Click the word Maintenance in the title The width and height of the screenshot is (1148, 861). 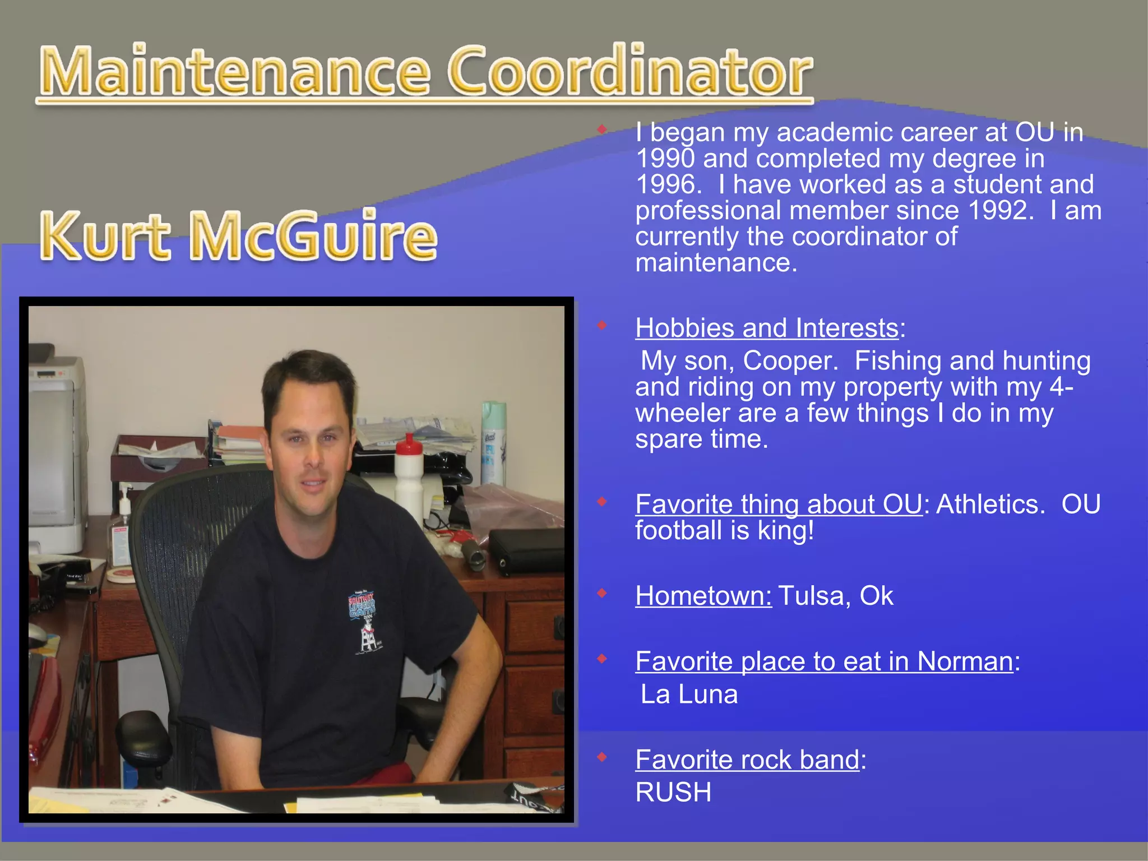click(x=235, y=72)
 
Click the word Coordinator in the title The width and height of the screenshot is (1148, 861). click(x=630, y=72)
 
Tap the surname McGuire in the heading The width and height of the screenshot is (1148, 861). click(x=314, y=235)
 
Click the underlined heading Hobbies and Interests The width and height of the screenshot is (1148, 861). click(x=767, y=328)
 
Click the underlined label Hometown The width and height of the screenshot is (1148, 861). click(x=703, y=596)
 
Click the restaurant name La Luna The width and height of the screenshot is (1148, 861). click(x=689, y=695)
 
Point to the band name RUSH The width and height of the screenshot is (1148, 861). click(x=673, y=793)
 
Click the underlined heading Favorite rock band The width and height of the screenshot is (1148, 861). click(x=747, y=760)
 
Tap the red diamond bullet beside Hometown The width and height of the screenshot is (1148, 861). click(x=602, y=593)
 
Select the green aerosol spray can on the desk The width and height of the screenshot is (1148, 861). click(x=493, y=443)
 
